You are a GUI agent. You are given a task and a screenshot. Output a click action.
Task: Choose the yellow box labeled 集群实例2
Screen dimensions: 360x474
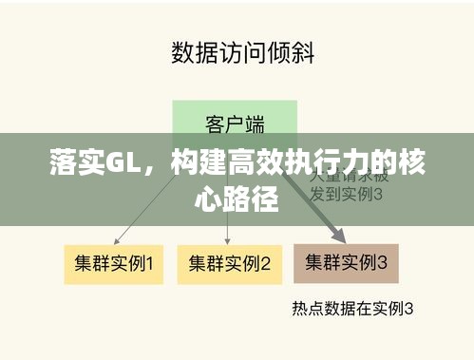(x=229, y=263)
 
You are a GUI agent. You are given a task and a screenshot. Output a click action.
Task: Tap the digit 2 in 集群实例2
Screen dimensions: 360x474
(x=267, y=263)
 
